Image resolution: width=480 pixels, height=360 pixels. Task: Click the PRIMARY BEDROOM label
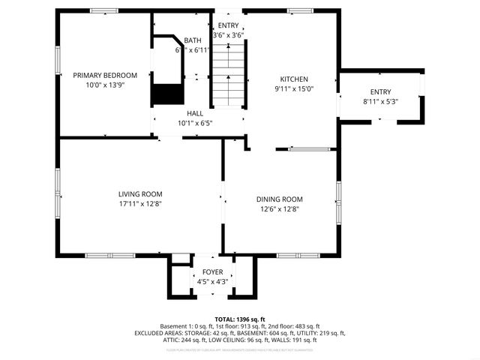(x=105, y=75)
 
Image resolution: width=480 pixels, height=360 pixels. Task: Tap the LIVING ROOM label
(x=140, y=193)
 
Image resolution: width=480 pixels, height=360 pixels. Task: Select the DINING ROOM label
(x=279, y=199)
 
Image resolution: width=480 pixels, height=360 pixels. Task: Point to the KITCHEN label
(x=294, y=79)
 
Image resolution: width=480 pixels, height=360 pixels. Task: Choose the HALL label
(x=195, y=113)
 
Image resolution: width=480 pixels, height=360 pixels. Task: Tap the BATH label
(x=193, y=40)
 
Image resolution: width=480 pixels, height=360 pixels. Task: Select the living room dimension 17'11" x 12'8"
(x=140, y=203)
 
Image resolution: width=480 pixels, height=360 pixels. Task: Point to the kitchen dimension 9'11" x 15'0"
(x=294, y=88)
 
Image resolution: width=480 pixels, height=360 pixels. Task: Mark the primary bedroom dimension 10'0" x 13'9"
(x=105, y=85)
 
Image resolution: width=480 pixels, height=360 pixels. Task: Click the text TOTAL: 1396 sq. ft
(x=240, y=319)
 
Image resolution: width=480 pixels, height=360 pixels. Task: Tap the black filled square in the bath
(x=167, y=94)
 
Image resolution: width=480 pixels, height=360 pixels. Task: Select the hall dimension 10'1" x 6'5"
(x=195, y=123)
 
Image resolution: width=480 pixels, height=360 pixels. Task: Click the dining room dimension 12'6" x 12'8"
(x=279, y=208)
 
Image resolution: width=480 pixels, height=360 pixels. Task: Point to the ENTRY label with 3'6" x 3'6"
(x=228, y=25)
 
